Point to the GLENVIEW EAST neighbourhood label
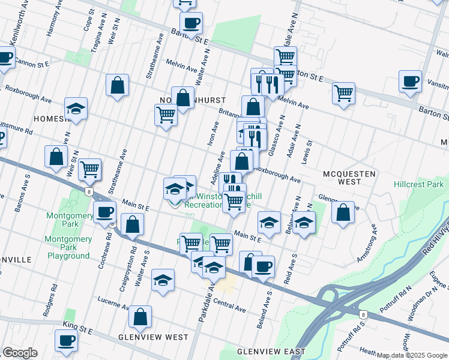pyautogui.click(x=271, y=351)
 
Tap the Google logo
pyautogui.click(x=20, y=353)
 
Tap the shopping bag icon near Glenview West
pyautogui.click(x=140, y=316)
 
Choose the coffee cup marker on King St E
pyautogui.click(x=67, y=340)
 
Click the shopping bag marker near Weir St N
pyautogui.click(x=56, y=157)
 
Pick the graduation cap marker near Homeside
pyautogui.click(x=76, y=108)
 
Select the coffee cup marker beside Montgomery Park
pyautogui.click(x=105, y=212)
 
